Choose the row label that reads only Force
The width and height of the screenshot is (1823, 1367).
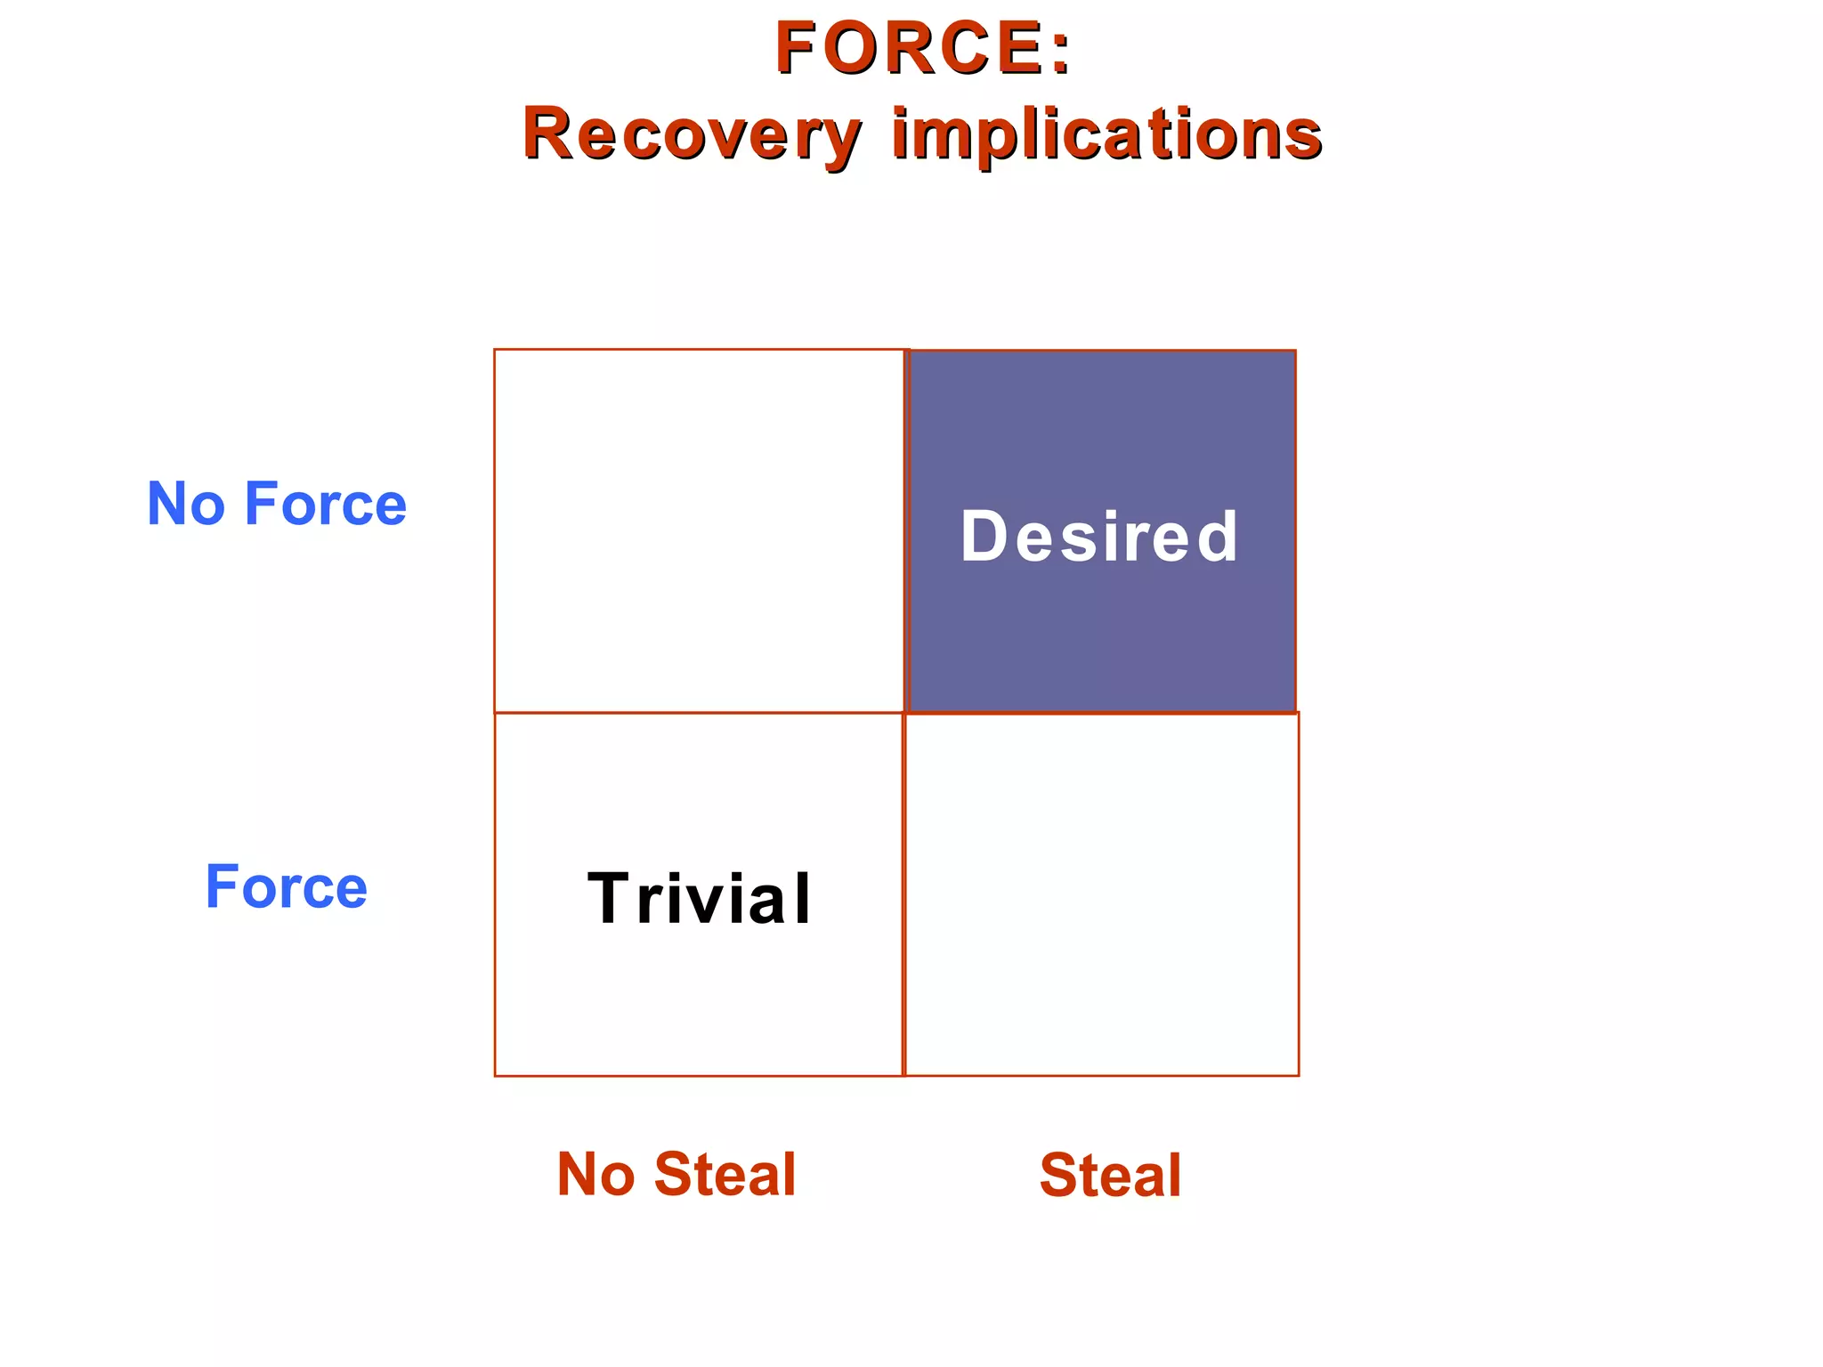pos(286,887)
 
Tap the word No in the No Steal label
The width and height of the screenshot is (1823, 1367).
pos(596,1175)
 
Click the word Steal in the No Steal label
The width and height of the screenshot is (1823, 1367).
pos(725,1175)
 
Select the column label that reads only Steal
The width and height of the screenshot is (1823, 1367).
pos(1110,1176)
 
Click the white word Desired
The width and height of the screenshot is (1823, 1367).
pos(1099,537)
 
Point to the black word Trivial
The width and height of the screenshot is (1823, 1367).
pos(700,899)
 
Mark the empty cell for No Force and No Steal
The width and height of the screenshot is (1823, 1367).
pos(699,531)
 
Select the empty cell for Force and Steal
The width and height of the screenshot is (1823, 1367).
pos(1101,894)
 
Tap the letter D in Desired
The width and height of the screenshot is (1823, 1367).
pos(983,537)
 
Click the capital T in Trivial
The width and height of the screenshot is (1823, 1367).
pos(610,899)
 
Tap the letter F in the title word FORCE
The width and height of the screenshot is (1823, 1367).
pos(795,48)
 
